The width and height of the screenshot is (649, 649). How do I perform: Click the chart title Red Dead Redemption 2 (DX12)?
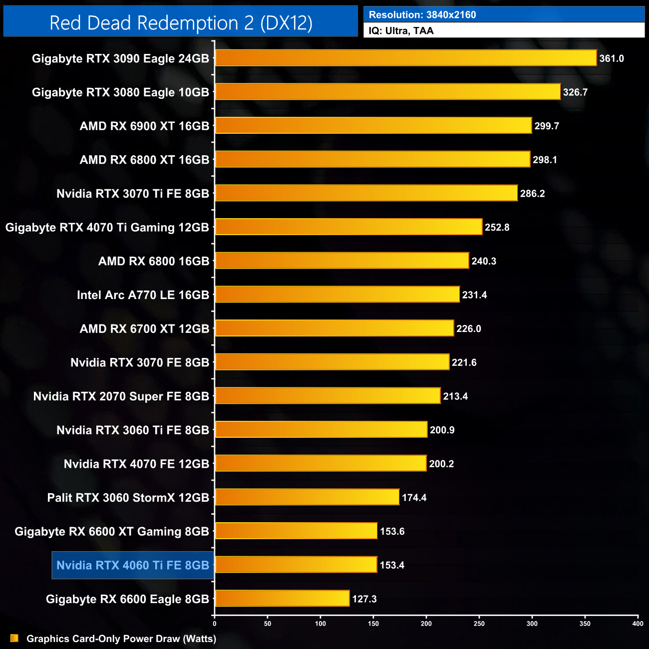pos(181,23)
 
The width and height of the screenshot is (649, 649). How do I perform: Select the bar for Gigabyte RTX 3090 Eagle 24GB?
pos(405,58)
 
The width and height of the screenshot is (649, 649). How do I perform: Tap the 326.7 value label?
pos(575,92)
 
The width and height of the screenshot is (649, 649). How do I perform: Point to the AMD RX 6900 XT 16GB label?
pos(144,126)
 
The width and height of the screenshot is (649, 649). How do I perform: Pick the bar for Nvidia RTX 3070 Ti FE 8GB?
pos(366,193)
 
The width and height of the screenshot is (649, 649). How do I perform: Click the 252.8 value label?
pos(497,228)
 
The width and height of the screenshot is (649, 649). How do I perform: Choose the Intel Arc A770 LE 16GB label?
pos(143,295)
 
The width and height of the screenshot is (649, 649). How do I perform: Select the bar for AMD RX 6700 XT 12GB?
pos(334,328)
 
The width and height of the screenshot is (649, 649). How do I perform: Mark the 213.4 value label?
pos(455,396)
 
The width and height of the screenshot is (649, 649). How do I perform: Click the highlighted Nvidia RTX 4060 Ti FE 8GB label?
pos(133,565)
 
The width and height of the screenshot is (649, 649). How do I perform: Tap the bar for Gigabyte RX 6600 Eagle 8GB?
pos(282,599)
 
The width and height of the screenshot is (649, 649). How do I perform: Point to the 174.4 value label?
pos(414,498)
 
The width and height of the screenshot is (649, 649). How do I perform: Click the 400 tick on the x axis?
pos(638,624)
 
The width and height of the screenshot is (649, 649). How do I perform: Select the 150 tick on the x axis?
pos(373,624)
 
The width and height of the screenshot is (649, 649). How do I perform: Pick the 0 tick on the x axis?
pos(215,624)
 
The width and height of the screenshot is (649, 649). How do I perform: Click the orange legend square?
pos(14,638)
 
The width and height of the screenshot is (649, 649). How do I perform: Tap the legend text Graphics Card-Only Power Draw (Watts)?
pos(121,639)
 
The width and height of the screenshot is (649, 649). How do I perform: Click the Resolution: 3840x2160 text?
pos(422,15)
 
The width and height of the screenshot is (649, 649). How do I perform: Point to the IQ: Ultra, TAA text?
pos(401,31)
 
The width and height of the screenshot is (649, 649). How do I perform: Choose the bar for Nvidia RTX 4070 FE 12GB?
pos(321,464)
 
